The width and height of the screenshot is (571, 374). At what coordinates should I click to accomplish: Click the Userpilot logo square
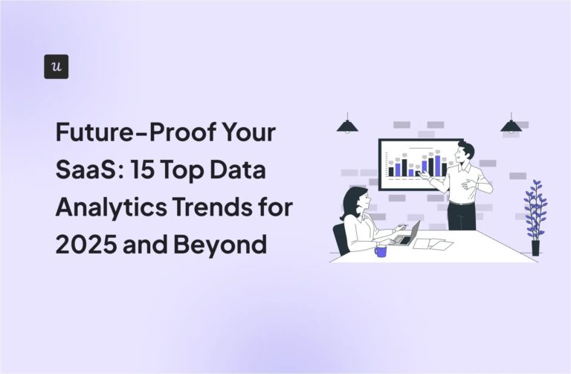pyautogui.click(x=57, y=66)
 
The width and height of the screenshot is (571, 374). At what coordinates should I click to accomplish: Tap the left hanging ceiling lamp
pyautogui.click(x=347, y=125)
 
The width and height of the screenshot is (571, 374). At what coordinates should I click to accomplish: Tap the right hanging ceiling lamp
pyautogui.click(x=511, y=125)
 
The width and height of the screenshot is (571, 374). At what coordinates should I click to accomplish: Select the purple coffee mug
pyautogui.click(x=381, y=251)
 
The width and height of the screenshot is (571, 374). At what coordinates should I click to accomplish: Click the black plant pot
pyautogui.click(x=535, y=247)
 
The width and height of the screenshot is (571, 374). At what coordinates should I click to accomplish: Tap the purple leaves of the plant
pyautogui.click(x=535, y=208)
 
